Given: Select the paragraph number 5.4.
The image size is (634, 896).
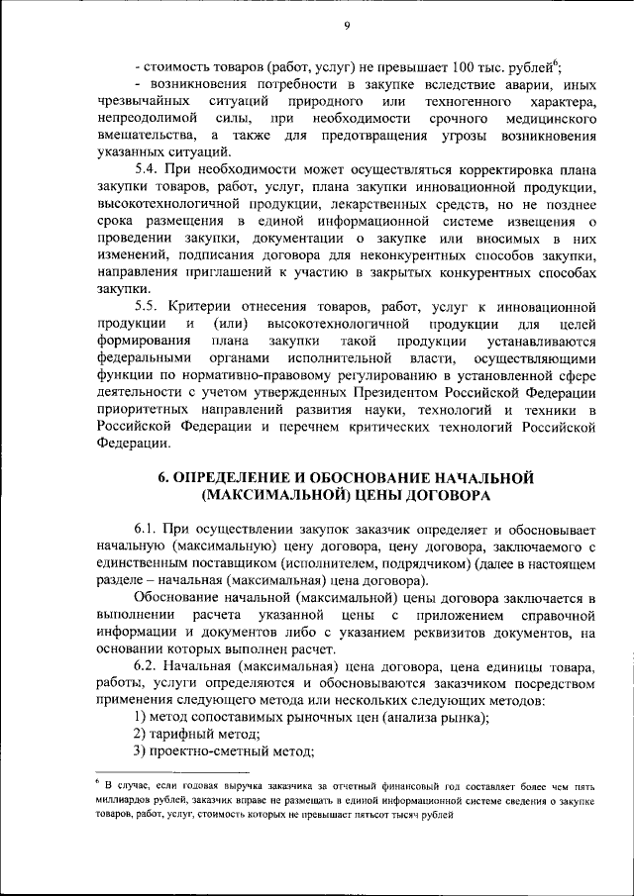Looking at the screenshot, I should pos(146,170).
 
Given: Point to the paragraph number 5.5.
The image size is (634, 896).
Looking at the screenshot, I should pos(146,306).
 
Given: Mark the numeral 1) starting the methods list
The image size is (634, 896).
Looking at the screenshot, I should pos(140,716).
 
